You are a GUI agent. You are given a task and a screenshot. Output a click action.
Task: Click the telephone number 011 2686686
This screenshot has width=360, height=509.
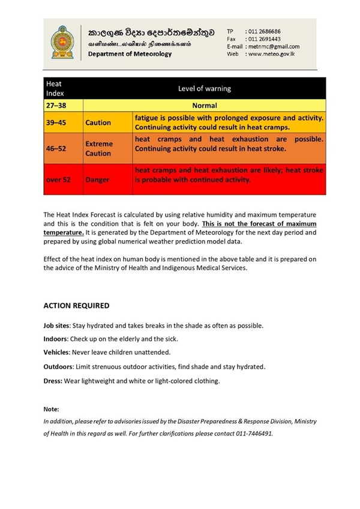(x=264, y=31)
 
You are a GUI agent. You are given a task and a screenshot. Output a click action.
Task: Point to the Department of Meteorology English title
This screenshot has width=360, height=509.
(x=130, y=54)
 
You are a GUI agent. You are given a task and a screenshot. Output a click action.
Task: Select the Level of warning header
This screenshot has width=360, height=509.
(x=204, y=89)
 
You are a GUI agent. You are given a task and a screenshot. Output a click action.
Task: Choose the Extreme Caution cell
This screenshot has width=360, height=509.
(x=98, y=149)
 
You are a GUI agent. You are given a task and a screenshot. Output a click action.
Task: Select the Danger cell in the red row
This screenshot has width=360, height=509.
(x=97, y=179)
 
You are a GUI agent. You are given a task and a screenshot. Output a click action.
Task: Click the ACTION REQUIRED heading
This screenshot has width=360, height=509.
(x=76, y=306)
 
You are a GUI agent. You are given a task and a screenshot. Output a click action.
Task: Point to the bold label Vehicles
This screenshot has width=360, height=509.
(x=56, y=352)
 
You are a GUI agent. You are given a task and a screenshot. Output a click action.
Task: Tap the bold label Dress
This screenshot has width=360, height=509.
(x=53, y=381)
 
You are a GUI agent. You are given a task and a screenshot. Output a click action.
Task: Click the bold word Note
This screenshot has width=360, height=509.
(x=52, y=409)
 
